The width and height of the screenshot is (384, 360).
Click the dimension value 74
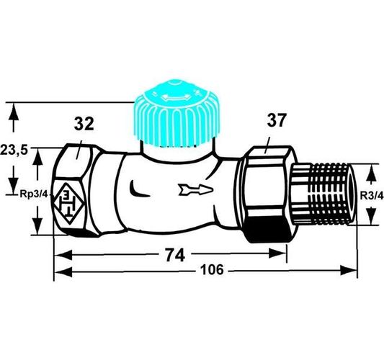pyautogui.click(x=175, y=255)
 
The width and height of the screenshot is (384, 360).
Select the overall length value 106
pyautogui.click(x=212, y=270)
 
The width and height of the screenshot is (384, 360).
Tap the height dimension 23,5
pyautogui.click(x=14, y=150)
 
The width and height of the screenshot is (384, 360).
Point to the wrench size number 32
pyautogui.click(x=84, y=124)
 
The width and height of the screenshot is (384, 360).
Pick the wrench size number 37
pyautogui.click(x=277, y=120)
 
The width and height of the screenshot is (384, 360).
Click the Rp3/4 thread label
pyautogui.click(x=34, y=194)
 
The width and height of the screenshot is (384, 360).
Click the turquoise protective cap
pyautogui.click(x=177, y=114)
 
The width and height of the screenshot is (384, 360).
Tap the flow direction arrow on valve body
pyautogui.click(x=196, y=189)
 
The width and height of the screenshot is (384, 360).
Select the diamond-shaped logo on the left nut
pyautogui.click(x=69, y=204)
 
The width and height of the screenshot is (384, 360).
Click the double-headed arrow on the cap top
pyautogui.click(x=175, y=98)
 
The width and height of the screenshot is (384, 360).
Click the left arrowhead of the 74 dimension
pyautogui.click(x=63, y=255)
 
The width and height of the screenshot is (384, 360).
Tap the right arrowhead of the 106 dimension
pyautogui.click(x=348, y=271)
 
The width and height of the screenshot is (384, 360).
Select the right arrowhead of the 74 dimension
pyautogui.click(x=277, y=253)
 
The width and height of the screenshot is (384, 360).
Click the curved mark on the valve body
pyautogui.click(x=138, y=189)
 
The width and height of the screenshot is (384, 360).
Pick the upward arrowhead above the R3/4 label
pyautogui.click(x=371, y=173)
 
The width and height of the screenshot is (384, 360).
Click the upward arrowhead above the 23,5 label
pyautogui.click(x=14, y=112)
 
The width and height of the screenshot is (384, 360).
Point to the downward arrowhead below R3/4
pyautogui.click(x=371, y=216)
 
